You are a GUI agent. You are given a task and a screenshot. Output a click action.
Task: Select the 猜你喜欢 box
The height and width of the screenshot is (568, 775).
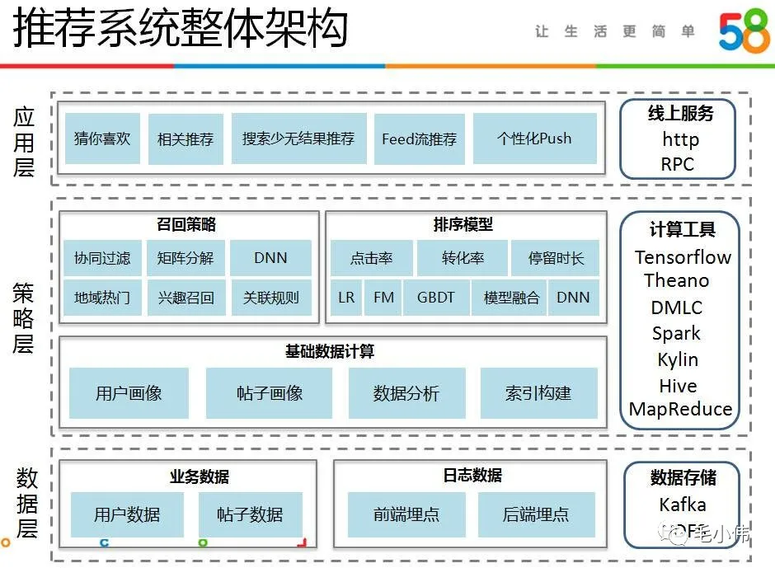(102, 138)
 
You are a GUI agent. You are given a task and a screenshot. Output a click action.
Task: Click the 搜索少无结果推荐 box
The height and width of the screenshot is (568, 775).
(298, 138)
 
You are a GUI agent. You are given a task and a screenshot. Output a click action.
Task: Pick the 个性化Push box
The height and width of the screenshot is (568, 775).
(534, 138)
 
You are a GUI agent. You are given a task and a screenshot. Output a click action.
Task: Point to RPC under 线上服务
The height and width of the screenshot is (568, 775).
(677, 163)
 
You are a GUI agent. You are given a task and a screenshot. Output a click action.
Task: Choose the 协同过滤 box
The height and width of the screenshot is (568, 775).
(102, 258)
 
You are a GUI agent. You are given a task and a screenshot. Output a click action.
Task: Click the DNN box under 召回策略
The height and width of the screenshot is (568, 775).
(270, 258)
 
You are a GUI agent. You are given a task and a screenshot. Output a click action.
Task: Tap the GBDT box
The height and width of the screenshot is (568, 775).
(436, 298)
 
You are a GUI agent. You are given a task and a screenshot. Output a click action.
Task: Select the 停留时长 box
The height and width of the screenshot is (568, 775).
(556, 258)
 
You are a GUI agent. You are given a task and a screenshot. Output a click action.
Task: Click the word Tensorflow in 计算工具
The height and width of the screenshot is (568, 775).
(683, 257)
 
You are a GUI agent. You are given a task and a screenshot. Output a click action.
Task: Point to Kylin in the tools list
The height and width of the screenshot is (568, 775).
(678, 359)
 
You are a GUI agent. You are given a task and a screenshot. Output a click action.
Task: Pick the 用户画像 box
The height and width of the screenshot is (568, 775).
(129, 393)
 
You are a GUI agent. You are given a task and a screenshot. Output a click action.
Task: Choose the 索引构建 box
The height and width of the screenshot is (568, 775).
(538, 393)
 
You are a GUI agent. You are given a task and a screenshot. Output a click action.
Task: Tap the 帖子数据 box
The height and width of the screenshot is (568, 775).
(250, 514)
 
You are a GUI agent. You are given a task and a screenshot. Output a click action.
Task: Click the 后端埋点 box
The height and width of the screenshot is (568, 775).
(536, 514)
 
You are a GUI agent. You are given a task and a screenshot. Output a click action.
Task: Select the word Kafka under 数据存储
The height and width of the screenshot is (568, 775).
(683, 505)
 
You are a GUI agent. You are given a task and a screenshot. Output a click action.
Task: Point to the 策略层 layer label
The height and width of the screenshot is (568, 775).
(24, 317)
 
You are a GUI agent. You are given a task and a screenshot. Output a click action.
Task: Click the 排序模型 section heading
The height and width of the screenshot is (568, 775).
(463, 224)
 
